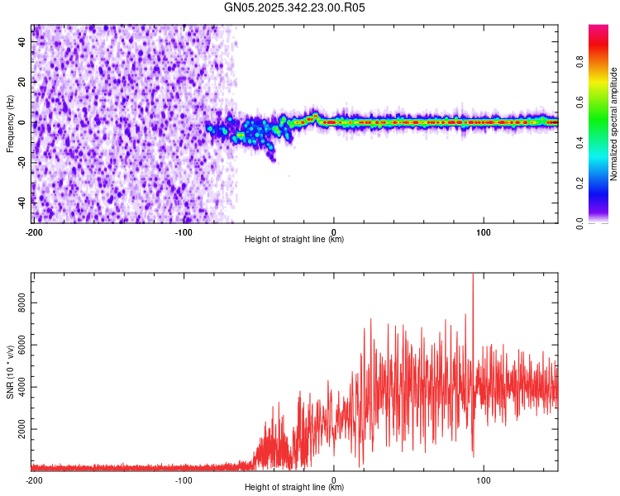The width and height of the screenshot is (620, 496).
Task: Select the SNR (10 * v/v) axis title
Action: pos(10,371)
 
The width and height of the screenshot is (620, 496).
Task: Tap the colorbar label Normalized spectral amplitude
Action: pos(614,124)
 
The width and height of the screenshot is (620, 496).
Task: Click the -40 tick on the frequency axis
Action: pos(23,202)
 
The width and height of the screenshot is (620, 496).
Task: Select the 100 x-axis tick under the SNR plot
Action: pos(484,479)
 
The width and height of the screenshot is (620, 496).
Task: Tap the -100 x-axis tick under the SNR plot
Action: pos(184,479)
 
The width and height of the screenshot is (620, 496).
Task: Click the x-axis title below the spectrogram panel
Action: pos(294,240)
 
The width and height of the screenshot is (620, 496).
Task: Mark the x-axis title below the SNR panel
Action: pos(294,488)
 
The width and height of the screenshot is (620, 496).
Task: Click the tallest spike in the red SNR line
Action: pos(473,275)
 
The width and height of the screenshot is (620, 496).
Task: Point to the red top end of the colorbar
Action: pos(599,28)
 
